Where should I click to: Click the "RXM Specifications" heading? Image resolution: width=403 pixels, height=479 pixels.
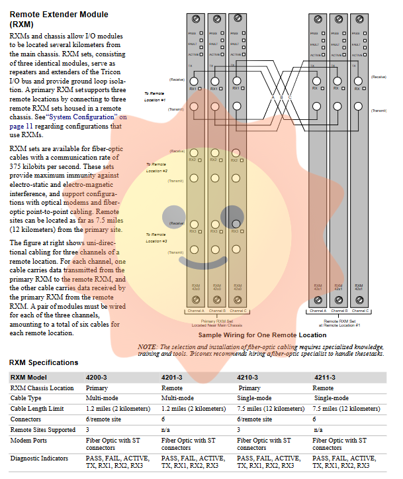(44, 362)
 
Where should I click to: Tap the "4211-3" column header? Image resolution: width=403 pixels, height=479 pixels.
(324, 377)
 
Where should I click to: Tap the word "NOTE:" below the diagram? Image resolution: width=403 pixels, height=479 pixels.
(148, 346)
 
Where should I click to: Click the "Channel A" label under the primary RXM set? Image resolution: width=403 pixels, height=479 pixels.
(196, 310)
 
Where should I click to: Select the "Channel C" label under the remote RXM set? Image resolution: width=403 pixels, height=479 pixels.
(359, 310)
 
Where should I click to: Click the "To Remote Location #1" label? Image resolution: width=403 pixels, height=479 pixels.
(155, 95)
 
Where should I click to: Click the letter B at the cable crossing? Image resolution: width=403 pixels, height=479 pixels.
(281, 97)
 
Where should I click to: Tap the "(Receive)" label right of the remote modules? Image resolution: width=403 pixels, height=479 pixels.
(379, 77)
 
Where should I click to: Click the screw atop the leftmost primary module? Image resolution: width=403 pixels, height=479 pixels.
(196, 16)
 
